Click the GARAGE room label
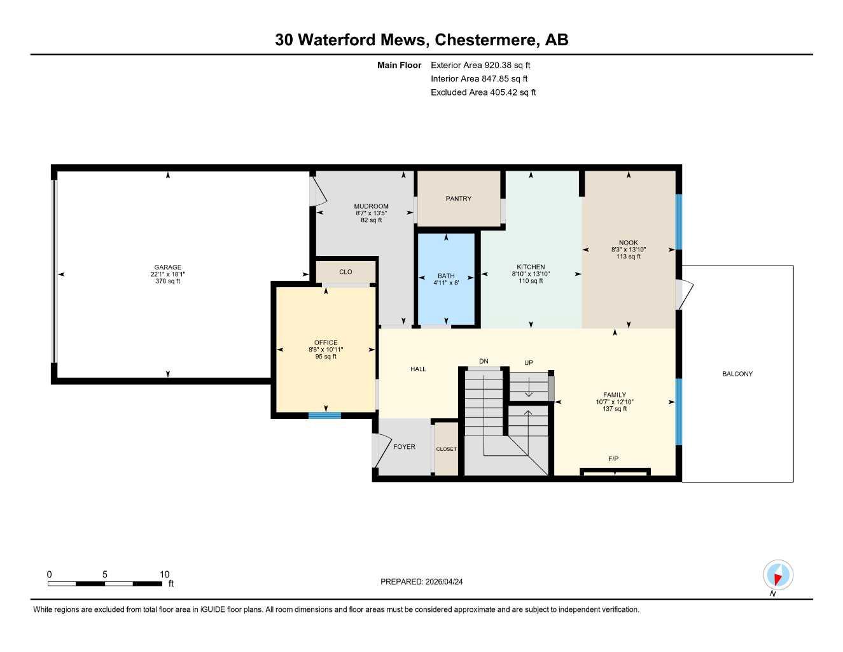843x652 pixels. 168,267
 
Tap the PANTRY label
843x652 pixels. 458,199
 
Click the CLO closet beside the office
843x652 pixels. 345,272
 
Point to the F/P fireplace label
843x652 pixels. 613,458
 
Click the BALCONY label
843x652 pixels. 737,374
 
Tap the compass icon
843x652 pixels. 777,575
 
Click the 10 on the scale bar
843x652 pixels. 164,574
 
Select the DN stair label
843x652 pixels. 484,362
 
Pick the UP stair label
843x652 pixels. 528,363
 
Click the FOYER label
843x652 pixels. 404,447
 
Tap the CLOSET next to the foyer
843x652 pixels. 446,449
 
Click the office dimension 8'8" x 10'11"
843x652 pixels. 326,350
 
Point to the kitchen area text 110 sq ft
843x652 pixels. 531,281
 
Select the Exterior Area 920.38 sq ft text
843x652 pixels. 480,65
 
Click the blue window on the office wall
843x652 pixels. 324,416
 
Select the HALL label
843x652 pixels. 418,369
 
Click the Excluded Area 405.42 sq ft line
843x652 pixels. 483,92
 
